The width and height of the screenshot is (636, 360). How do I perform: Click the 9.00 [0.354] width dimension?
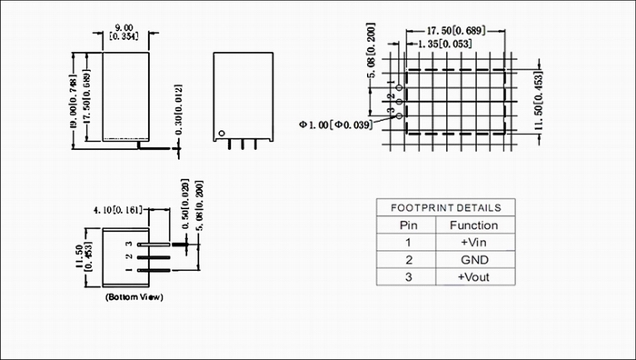124,33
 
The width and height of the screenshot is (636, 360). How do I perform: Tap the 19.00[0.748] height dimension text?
74,102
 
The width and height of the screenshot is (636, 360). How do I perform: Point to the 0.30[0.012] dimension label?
178,110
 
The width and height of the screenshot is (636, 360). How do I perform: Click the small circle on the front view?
222,133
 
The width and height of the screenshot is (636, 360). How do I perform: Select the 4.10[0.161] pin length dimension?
118,210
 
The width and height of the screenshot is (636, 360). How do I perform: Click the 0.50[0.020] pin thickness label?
185,205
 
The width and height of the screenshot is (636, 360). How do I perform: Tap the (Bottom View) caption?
134,297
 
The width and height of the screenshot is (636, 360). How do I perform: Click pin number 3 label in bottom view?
129,244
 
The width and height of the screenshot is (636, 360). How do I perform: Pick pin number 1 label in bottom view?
129,270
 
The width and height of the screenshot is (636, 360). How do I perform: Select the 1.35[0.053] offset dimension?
444,44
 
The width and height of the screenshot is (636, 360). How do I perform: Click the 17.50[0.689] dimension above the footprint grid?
456,31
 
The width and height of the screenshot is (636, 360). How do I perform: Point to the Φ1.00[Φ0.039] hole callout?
336,125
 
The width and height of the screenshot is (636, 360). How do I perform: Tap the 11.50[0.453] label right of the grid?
538,101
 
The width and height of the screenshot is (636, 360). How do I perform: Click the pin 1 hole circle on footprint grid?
399,87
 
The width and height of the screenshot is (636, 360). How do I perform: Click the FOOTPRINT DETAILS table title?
446,208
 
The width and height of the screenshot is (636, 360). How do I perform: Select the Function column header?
473,225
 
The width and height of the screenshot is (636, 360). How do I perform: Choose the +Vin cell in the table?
473,243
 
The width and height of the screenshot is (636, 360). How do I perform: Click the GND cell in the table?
474,260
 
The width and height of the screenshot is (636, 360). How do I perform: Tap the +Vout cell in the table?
473,277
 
